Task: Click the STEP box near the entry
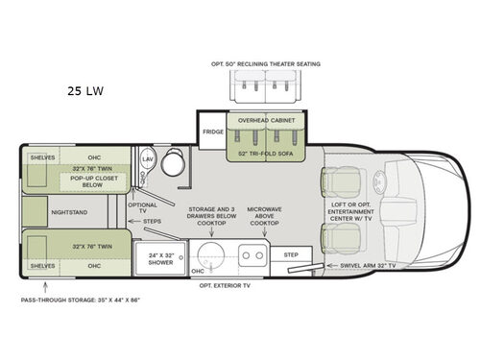tap(292, 255)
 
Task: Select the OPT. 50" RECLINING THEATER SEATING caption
tap(267, 64)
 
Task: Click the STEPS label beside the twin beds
tap(151, 222)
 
